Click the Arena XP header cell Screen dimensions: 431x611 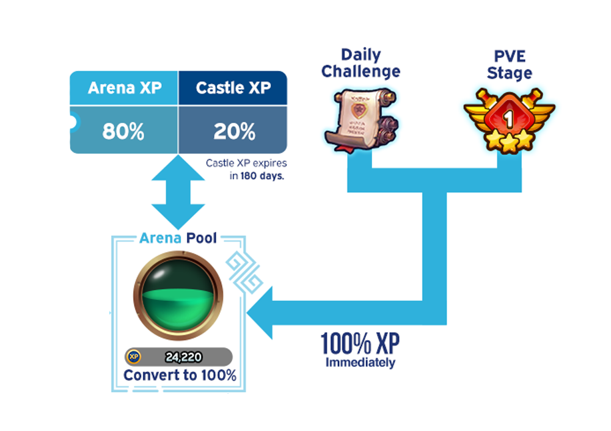point(125,88)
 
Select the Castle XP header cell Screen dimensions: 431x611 point(233,88)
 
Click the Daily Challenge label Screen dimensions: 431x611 point(360,63)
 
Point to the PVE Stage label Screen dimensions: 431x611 point(510,65)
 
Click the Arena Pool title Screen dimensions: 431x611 point(178,237)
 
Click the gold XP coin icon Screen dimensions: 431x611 point(133,357)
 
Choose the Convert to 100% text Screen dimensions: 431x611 point(180,375)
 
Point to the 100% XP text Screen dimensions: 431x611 point(360,345)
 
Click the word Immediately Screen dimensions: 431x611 point(360,363)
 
